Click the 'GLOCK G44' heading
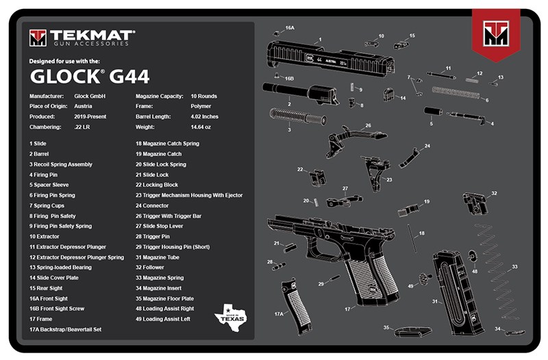(89, 75)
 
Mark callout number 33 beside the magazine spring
(514, 266)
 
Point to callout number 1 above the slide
(319, 40)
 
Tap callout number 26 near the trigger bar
(367, 126)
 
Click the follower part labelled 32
(475, 203)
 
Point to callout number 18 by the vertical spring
(421, 233)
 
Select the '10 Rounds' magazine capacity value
(205, 97)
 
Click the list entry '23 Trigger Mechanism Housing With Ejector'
(189, 195)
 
